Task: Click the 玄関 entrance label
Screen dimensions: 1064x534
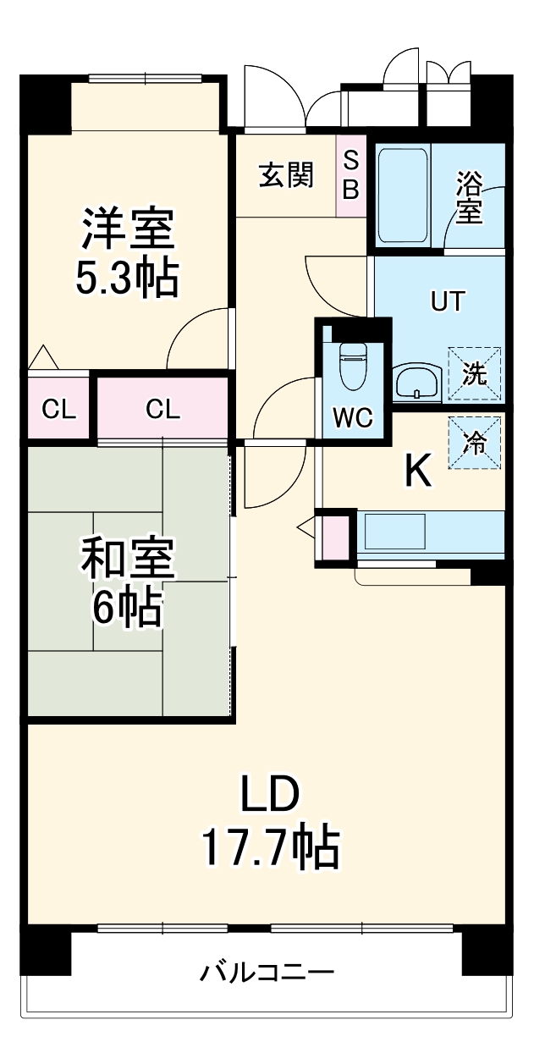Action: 286,175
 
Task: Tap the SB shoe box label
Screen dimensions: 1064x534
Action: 350,175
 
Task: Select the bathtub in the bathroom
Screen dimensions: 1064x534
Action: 402,195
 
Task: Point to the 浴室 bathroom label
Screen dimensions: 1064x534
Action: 469,198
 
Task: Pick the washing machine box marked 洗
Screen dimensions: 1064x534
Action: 474,373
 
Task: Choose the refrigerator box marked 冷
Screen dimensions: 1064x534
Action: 474,443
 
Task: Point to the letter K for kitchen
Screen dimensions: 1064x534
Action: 417,472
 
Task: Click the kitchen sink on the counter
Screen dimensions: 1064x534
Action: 394,532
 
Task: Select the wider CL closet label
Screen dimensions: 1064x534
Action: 162,411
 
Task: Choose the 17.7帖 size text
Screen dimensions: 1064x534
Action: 270,847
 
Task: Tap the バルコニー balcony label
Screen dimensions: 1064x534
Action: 267,972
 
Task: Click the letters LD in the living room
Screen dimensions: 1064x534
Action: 270,796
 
